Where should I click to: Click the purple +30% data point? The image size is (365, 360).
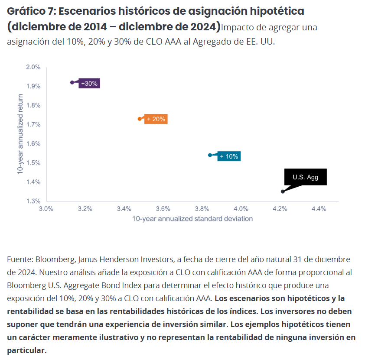[72, 82]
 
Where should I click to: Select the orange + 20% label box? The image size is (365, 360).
[156, 119]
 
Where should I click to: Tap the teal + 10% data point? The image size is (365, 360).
[210, 155]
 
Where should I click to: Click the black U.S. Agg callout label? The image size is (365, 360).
[305, 177]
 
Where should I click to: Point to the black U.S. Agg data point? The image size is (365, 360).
[283, 191]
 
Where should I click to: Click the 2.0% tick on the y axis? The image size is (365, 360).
[33, 67]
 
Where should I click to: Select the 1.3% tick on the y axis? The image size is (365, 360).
[33, 201]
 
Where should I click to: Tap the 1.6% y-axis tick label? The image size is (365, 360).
[33, 144]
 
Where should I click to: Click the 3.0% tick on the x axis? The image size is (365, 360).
[46, 209]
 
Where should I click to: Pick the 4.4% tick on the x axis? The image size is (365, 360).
[319, 209]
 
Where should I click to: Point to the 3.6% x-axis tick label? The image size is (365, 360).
[163, 209]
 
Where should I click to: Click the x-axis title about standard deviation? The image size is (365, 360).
[192, 219]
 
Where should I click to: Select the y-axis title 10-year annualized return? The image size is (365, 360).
[20, 135]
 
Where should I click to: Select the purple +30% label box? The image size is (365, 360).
[89, 83]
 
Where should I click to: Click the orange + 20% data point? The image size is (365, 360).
[140, 119]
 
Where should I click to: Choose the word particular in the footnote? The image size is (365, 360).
[26, 350]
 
